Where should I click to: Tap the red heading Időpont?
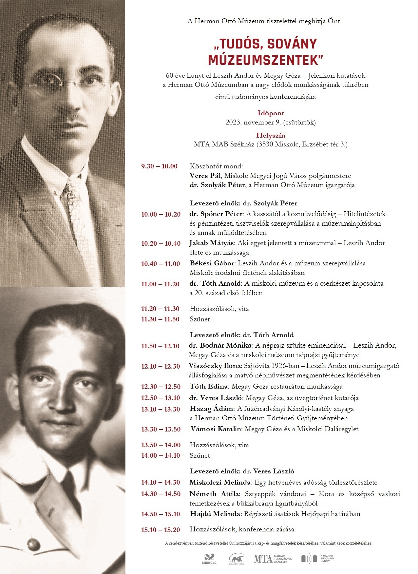(271, 113)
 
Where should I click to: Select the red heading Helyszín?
(271, 135)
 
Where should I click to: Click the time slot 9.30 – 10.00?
(159, 166)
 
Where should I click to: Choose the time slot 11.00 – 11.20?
(161, 284)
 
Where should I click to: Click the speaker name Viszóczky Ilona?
(215, 366)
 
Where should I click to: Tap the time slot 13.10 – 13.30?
(161, 409)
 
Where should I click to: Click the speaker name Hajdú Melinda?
(215, 514)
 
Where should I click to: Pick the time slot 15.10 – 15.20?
(161, 530)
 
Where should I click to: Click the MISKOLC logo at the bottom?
(209, 559)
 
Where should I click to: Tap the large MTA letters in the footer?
(263, 559)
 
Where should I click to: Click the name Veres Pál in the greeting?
(205, 176)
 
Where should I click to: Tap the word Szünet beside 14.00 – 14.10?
(200, 455)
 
